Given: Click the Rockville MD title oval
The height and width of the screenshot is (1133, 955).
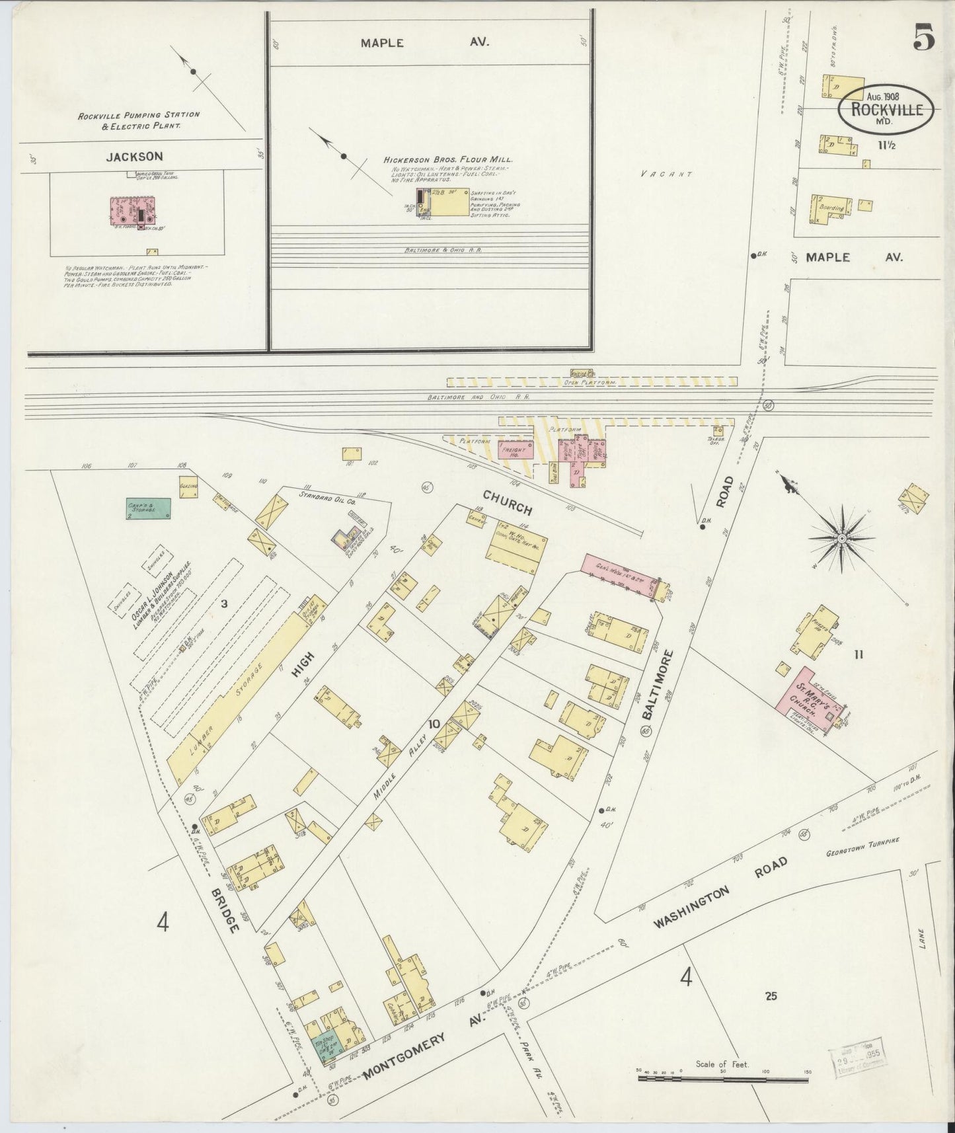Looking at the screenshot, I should click(x=886, y=107).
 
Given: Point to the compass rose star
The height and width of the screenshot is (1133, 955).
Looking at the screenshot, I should click(x=842, y=539).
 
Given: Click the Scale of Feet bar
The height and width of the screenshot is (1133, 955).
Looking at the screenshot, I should click(x=722, y=1078).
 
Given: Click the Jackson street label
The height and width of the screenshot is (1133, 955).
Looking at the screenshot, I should click(x=134, y=157).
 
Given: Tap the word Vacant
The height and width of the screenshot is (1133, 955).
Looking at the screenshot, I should click(x=666, y=175).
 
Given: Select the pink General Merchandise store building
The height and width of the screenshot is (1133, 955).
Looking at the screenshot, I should click(x=621, y=576).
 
